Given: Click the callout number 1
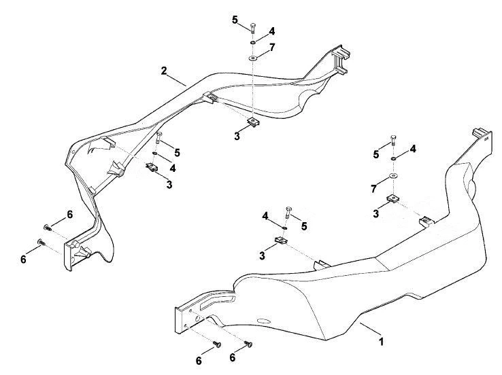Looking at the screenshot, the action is click(381, 341).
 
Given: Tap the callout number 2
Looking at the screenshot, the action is click(164, 71).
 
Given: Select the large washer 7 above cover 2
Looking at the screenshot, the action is click(253, 58).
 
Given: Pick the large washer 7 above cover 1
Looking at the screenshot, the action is click(393, 175).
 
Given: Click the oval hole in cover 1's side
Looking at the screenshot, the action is click(264, 321).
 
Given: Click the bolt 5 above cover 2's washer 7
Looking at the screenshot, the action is click(252, 28).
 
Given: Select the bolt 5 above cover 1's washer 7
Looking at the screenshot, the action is click(393, 141).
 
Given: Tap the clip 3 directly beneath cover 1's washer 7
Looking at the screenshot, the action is click(393, 199).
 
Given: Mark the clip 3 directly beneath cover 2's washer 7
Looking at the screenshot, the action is click(253, 122).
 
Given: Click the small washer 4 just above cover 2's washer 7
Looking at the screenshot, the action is click(253, 43).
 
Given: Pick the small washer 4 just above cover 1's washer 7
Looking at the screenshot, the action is click(393, 158).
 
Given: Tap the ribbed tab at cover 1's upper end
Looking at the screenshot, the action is click(482, 134).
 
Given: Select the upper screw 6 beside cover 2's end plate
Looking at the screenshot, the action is click(48, 228).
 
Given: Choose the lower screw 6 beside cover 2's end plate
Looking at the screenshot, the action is click(41, 242).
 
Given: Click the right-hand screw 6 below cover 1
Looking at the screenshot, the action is click(248, 344).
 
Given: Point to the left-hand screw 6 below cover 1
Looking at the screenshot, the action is click(218, 344).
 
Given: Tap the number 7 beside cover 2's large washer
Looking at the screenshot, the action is click(272, 48).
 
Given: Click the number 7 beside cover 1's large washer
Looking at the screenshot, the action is click(373, 189).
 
